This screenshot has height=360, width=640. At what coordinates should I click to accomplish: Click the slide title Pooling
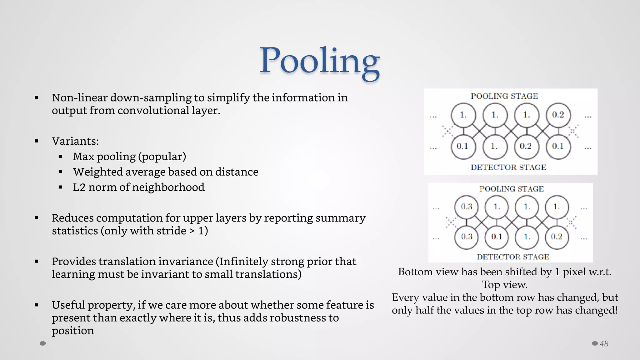tap(320, 61)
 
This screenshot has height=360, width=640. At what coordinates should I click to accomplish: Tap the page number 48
tap(604, 344)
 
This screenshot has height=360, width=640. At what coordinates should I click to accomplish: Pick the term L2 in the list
tap(79, 187)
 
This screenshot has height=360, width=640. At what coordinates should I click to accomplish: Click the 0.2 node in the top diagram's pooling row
tap(558, 115)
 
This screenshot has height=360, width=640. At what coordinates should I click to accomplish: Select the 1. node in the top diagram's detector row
tap(494, 146)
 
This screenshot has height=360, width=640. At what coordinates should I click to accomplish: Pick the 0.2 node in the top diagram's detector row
tap(526, 146)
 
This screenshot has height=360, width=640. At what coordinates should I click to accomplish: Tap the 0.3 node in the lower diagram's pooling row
tap(467, 207)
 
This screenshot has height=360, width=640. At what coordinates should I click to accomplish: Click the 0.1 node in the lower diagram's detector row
tap(497, 237)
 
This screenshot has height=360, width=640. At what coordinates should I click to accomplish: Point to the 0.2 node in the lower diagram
tap(557, 237)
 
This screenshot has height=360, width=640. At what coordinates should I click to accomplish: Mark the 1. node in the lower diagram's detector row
tap(527, 237)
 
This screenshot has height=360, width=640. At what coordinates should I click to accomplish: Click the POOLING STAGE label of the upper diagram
tap(504, 96)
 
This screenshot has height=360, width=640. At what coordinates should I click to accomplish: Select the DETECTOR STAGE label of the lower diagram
tap(513, 257)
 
